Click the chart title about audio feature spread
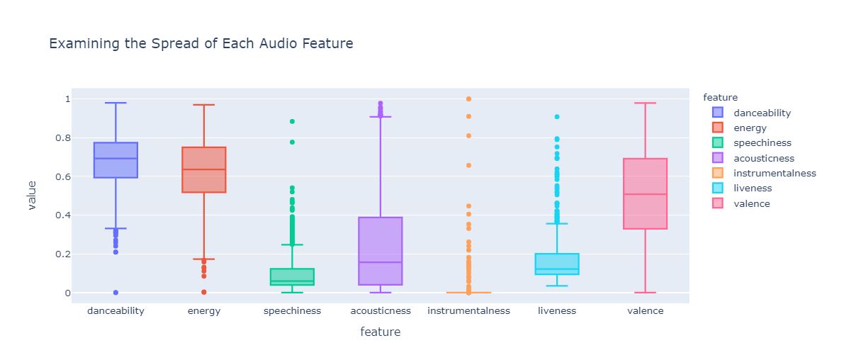(201, 44)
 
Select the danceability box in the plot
(116, 160)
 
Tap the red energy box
(204, 170)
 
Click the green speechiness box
(292, 276)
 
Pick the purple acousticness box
(381, 251)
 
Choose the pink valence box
(646, 193)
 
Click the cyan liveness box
(557, 264)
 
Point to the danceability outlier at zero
(116, 292)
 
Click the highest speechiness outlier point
(292, 122)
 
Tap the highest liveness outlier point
(557, 117)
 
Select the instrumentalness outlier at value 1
(468, 99)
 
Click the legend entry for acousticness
(763, 158)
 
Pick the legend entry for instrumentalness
(775, 173)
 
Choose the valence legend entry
(751, 203)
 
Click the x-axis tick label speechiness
(292, 311)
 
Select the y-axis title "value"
(31, 195)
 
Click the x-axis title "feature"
(380, 332)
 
